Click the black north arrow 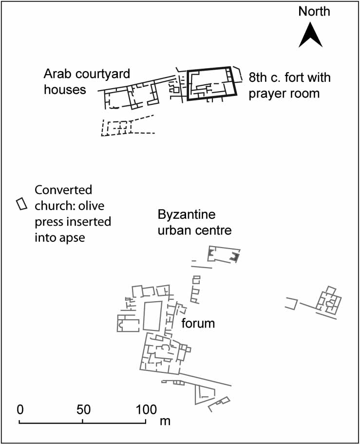click(x=311, y=37)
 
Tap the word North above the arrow click(x=314, y=12)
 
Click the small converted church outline click(x=21, y=204)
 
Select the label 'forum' click(x=198, y=323)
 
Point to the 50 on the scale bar click(x=83, y=409)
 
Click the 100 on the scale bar click(x=146, y=409)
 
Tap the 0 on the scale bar click(x=20, y=409)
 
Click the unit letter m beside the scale click(x=165, y=421)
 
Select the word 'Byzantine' click(x=187, y=215)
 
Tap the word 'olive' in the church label click(x=92, y=206)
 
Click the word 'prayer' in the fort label click(x=266, y=94)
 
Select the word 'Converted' click(x=63, y=190)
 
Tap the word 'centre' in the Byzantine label click(x=214, y=230)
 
